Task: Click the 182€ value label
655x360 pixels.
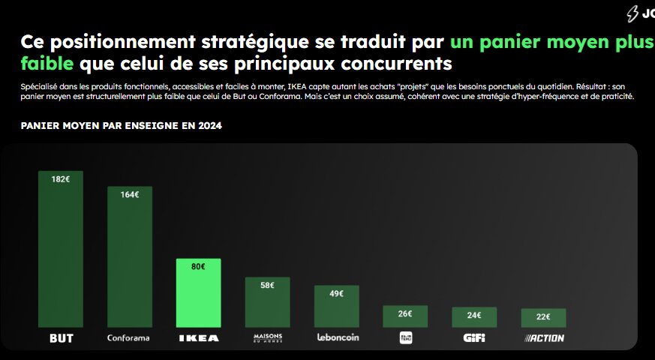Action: pyautogui.click(x=61, y=179)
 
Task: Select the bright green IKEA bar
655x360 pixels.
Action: pyautogui.click(x=199, y=296)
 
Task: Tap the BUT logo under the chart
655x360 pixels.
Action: pyautogui.click(x=62, y=338)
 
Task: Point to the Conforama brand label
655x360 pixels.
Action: pyautogui.click(x=129, y=338)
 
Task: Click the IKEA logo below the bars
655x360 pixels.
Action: pyautogui.click(x=199, y=338)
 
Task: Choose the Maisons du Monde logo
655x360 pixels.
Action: pyautogui.click(x=268, y=338)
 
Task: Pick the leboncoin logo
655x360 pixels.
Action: pyautogui.click(x=338, y=337)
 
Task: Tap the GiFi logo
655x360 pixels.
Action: pyautogui.click(x=474, y=338)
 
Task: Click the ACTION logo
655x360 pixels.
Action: pyautogui.click(x=544, y=338)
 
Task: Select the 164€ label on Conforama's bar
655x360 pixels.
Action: pyautogui.click(x=130, y=194)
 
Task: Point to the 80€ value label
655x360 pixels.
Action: pyautogui.click(x=198, y=266)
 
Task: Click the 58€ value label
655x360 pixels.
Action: pyautogui.click(x=268, y=285)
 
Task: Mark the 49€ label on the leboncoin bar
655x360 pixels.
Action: pyautogui.click(x=337, y=293)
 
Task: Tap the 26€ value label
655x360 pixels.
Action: pyautogui.click(x=405, y=313)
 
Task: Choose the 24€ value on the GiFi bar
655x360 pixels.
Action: pyautogui.click(x=474, y=315)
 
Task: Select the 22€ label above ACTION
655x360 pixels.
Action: pyautogui.click(x=543, y=316)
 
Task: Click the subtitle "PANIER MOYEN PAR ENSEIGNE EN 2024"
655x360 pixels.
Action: pyautogui.click(x=121, y=125)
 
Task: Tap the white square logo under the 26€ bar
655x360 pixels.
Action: pyautogui.click(x=406, y=337)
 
